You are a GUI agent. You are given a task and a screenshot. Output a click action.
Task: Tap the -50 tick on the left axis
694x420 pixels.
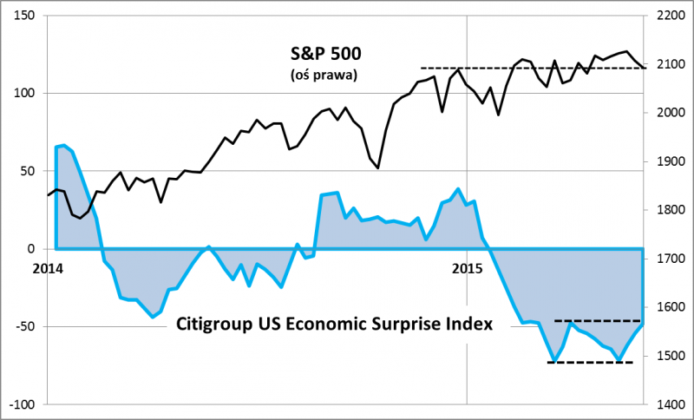(x=23, y=327)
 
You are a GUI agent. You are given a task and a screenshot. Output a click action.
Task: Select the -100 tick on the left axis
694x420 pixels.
(x=21, y=405)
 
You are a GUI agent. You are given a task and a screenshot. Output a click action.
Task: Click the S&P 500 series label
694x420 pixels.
(x=324, y=54)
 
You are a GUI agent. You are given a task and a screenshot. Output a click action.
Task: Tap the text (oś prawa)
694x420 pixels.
(x=324, y=75)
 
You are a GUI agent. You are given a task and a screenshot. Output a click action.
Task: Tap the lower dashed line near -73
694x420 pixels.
(x=590, y=362)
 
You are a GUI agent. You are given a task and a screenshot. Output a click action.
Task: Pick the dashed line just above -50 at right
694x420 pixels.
(x=599, y=321)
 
